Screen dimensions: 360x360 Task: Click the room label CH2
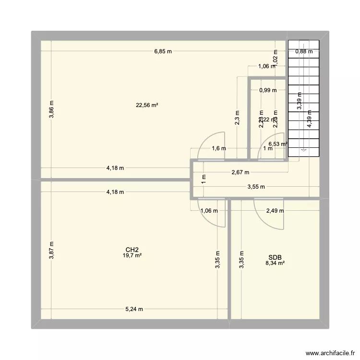pyautogui.click(x=132, y=250)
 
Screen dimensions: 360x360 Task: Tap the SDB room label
pyautogui.click(x=275, y=257)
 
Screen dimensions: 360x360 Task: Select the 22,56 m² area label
pyautogui.click(x=147, y=106)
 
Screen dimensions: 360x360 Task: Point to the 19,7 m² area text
pyautogui.click(x=133, y=255)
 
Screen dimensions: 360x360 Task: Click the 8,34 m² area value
pyautogui.click(x=275, y=263)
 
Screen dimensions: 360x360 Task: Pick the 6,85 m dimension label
pyautogui.click(x=163, y=51)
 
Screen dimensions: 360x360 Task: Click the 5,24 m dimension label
pyautogui.click(x=134, y=309)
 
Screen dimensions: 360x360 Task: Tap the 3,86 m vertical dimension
pyautogui.click(x=51, y=109)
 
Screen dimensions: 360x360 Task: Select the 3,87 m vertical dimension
pyautogui.click(x=51, y=250)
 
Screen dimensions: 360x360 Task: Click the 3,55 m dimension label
pyautogui.click(x=255, y=187)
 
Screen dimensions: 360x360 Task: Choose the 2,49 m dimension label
pyautogui.click(x=275, y=210)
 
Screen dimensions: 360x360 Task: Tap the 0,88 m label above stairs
pyautogui.click(x=304, y=51)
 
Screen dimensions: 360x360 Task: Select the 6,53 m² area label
pyautogui.click(x=278, y=144)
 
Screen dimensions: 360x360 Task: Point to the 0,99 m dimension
pyautogui.click(x=268, y=90)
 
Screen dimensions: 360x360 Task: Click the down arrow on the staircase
pyautogui.click(x=303, y=150)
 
